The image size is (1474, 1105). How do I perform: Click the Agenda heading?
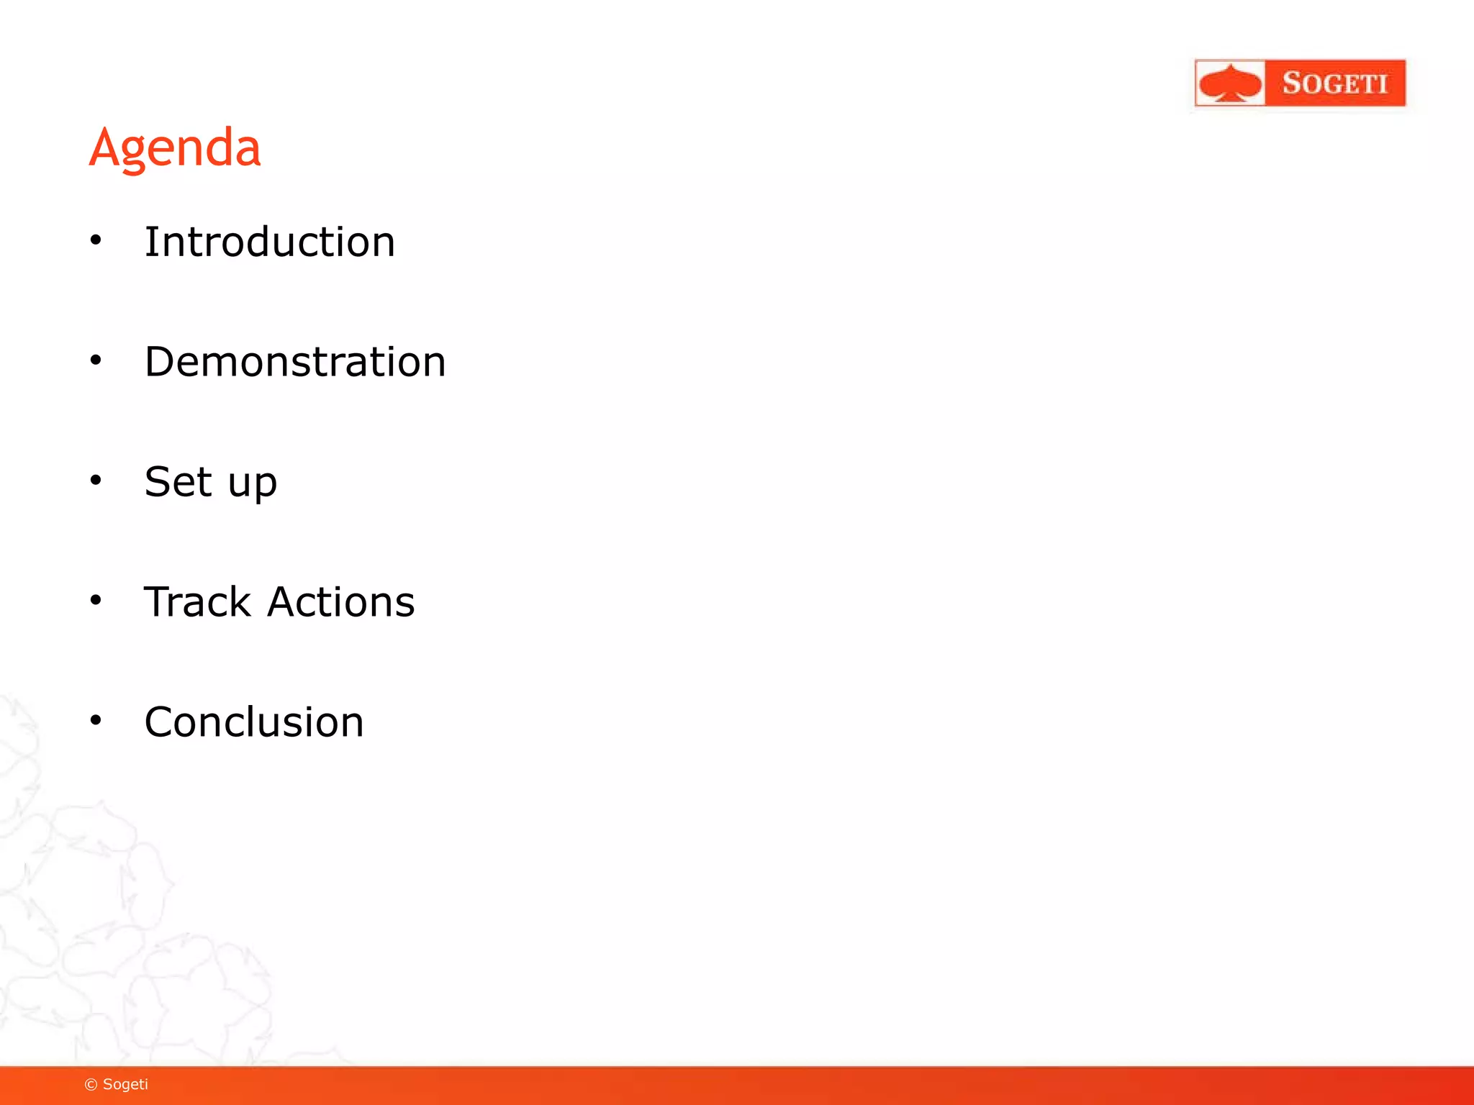[175, 148]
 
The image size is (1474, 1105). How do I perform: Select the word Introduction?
[270, 242]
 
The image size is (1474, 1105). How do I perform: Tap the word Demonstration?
[295, 361]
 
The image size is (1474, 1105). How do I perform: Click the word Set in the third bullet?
[178, 481]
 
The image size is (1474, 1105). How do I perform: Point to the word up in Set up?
[252, 483]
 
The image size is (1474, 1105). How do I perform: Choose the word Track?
[197, 601]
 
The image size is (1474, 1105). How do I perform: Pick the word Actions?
[341, 601]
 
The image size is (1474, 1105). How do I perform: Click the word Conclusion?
[254, 722]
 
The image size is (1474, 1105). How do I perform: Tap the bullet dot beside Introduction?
[96, 240]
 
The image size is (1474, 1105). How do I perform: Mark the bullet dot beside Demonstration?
[96, 360]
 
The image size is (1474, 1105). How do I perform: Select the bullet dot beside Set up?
[96, 480]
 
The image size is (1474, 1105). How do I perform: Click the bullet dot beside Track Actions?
[96, 600]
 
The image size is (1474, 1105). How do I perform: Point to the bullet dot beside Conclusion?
[96, 719]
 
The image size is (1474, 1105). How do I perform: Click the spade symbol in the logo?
[1231, 83]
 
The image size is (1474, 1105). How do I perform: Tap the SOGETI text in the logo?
[1335, 83]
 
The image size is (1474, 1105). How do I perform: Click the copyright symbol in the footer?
[91, 1085]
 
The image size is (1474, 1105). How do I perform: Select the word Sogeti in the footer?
[125, 1085]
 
